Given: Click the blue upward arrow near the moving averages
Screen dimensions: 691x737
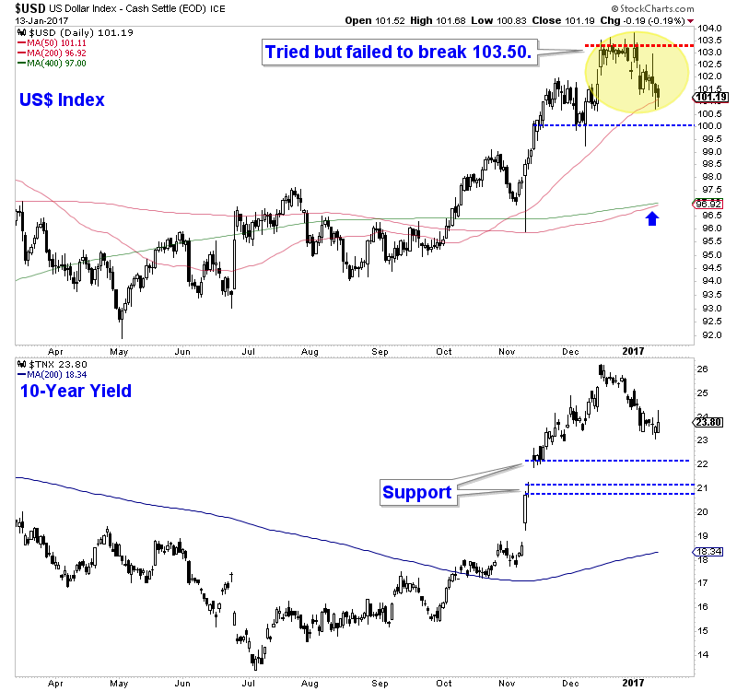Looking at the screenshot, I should pyautogui.click(x=653, y=218).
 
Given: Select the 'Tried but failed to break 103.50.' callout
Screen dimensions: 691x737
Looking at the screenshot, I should pyautogui.click(x=398, y=52).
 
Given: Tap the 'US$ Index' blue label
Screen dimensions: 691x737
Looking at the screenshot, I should pyautogui.click(x=60, y=100).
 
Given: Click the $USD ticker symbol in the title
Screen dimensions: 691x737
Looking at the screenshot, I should pyautogui.click(x=22, y=7).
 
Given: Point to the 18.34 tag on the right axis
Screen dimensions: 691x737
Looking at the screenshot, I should pyautogui.click(x=709, y=552).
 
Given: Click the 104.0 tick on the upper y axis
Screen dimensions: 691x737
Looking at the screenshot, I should pyautogui.click(x=707, y=29).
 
